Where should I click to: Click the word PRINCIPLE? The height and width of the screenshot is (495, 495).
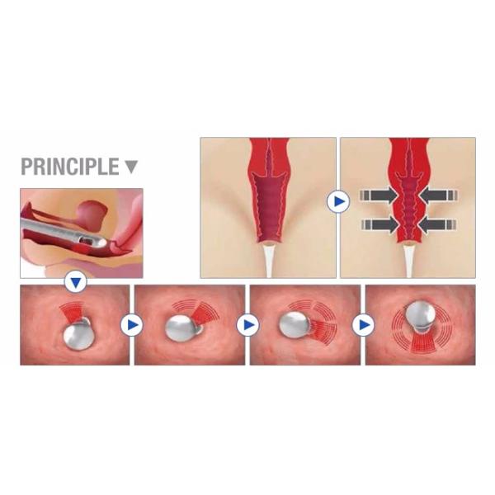coord(70,167)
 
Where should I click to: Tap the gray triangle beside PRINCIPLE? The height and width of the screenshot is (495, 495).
coord(131,167)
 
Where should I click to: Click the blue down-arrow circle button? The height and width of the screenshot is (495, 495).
coord(75,282)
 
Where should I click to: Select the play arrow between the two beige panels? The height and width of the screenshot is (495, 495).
coord(338,201)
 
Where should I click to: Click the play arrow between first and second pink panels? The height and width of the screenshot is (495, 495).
coord(132,325)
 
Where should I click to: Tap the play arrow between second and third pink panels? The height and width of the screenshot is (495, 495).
coord(247,325)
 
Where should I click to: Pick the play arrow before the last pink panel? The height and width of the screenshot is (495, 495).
coord(363,325)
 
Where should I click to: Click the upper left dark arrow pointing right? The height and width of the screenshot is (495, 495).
coord(379,195)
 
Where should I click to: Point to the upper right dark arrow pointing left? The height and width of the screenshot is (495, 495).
coord(438,195)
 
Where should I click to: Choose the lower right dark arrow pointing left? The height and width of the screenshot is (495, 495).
coord(437,224)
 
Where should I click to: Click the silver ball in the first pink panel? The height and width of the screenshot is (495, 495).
coord(77,337)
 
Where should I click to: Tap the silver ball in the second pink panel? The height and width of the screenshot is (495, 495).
coord(180,328)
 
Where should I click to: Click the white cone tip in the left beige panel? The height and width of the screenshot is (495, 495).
coord(269,261)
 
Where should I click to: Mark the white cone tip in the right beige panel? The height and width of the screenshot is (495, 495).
coord(408,261)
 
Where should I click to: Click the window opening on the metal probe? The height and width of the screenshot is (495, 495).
coord(86,241)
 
